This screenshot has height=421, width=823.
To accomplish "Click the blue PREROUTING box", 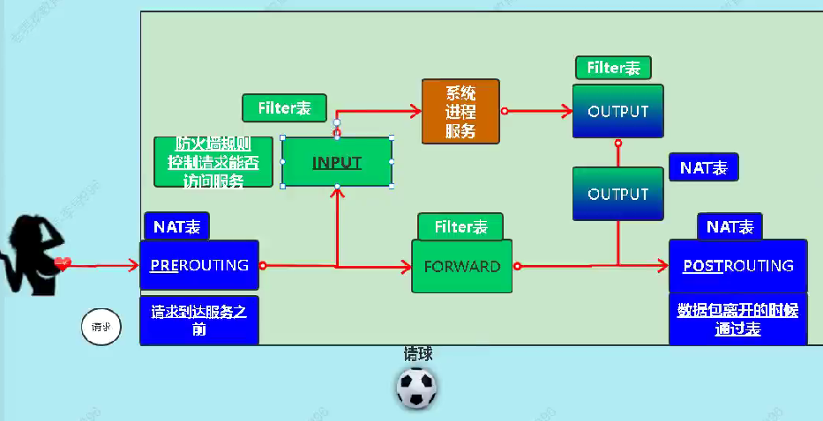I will (x=198, y=264).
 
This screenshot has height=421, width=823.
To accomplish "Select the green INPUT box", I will (x=336, y=162).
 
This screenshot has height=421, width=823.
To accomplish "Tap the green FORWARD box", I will (x=462, y=266).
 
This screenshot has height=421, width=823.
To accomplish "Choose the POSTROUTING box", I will (x=737, y=265).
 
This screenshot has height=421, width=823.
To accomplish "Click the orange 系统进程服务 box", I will (x=460, y=111).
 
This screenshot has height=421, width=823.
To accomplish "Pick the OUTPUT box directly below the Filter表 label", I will (x=617, y=112).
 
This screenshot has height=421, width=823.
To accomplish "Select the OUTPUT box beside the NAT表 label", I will (x=617, y=194).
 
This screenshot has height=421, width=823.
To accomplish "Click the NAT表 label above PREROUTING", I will (x=176, y=226).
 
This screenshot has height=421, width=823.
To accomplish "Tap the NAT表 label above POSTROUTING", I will (x=729, y=226).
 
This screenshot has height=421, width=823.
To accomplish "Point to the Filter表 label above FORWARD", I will (x=460, y=226).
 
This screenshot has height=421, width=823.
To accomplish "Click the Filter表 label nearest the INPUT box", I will (x=284, y=107).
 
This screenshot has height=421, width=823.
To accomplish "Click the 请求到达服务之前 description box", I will (x=198, y=319).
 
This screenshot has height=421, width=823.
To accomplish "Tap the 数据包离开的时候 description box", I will (x=737, y=319).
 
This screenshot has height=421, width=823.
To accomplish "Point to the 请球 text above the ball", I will (x=418, y=354).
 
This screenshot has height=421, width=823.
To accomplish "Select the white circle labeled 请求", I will (x=101, y=327).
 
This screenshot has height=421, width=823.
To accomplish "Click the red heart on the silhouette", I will (x=62, y=262).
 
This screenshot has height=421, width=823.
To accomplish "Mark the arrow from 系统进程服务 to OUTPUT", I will (x=538, y=111).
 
